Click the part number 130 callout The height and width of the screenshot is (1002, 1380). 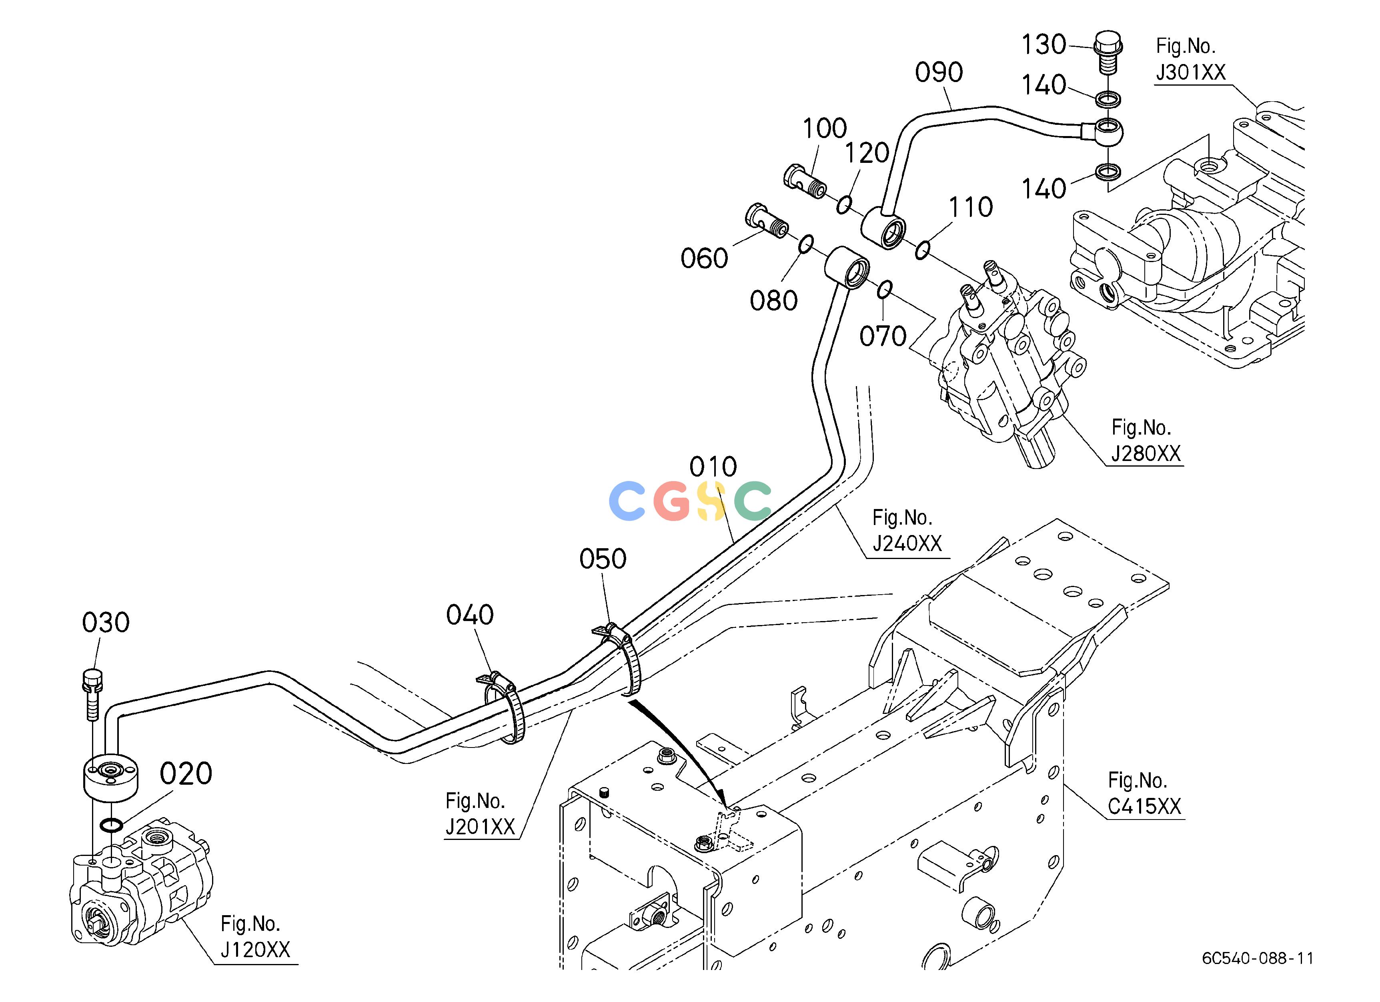click(x=1044, y=45)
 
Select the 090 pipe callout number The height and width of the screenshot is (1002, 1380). click(x=939, y=72)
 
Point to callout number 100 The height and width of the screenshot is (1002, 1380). click(x=825, y=128)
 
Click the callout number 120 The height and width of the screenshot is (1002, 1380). click(x=867, y=153)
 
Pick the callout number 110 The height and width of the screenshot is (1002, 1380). click(x=971, y=207)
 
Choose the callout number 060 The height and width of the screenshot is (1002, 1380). click(x=704, y=259)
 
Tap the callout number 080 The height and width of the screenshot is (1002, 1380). click(x=773, y=301)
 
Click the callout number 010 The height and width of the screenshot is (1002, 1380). click(x=713, y=467)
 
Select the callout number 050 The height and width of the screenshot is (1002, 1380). click(x=603, y=559)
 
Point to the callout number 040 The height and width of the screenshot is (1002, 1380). click(x=470, y=615)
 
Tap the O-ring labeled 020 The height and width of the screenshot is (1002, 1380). click(x=111, y=825)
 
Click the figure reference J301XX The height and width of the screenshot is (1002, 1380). click(x=1190, y=73)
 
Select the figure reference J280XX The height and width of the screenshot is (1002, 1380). click(x=1146, y=454)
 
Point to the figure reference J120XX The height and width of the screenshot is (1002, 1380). click(x=255, y=950)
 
